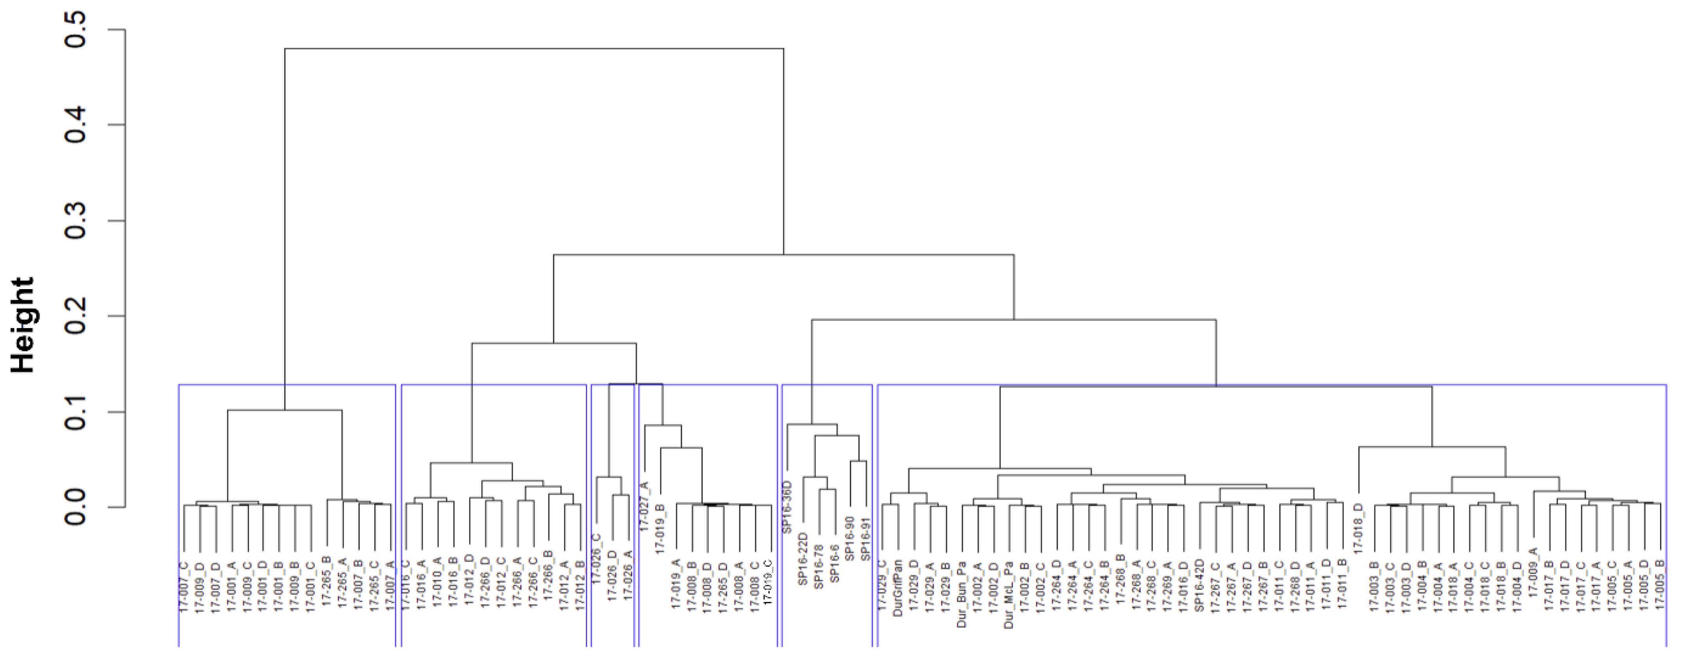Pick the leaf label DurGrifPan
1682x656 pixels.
pos(898,588)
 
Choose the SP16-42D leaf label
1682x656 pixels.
pos(1199,585)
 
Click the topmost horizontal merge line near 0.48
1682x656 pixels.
pos(534,48)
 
